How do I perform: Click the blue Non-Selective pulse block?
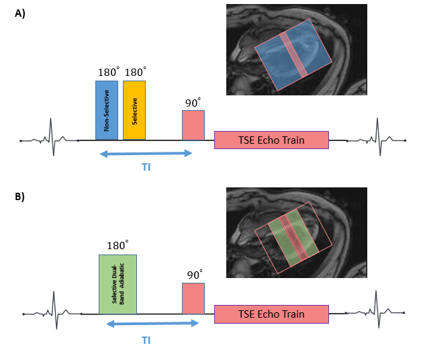pos(107,110)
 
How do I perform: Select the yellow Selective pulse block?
pos(134,110)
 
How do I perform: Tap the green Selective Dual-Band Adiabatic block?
pos(117,284)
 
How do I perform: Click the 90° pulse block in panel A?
pos(193,125)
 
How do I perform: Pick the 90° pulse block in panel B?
pos(193,298)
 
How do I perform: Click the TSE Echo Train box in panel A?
pos(271,140)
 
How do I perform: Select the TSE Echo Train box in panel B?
pos(271,314)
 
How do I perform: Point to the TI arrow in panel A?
pos(146,154)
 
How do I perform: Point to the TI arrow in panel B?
pos(153,324)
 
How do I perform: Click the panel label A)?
pos(20,13)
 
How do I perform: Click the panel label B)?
pos(20,197)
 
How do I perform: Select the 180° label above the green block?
pos(118,244)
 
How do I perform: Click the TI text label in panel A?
pos(146,167)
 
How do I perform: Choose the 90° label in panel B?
pos(194,275)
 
